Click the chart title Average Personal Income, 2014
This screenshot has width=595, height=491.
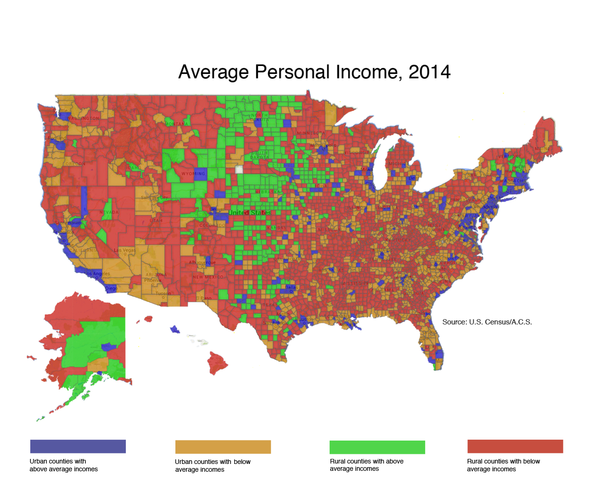(x=314, y=72)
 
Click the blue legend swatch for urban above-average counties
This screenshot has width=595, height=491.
(x=78, y=447)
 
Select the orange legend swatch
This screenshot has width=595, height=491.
(x=223, y=447)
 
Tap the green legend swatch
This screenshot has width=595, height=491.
(x=377, y=447)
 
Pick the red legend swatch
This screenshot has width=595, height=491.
(x=515, y=447)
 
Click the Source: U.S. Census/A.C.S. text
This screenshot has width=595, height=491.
(x=487, y=322)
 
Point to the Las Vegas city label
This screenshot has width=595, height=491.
(x=125, y=250)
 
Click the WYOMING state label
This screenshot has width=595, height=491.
(x=193, y=174)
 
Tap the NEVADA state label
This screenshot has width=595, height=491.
(x=109, y=212)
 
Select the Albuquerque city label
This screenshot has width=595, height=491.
(x=202, y=263)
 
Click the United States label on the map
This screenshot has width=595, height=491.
(x=250, y=213)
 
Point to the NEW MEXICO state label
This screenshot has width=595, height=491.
(x=208, y=277)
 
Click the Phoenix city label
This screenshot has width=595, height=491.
(x=152, y=280)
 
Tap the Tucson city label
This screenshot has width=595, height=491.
(x=163, y=293)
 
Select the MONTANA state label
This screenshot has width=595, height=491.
(x=177, y=124)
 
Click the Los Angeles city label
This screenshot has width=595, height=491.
(x=97, y=274)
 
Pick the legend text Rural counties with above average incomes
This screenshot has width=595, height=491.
(x=366, y=465)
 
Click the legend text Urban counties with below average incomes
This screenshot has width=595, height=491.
(x=213, y=465)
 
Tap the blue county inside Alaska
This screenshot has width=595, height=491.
(x=109, y=347)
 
